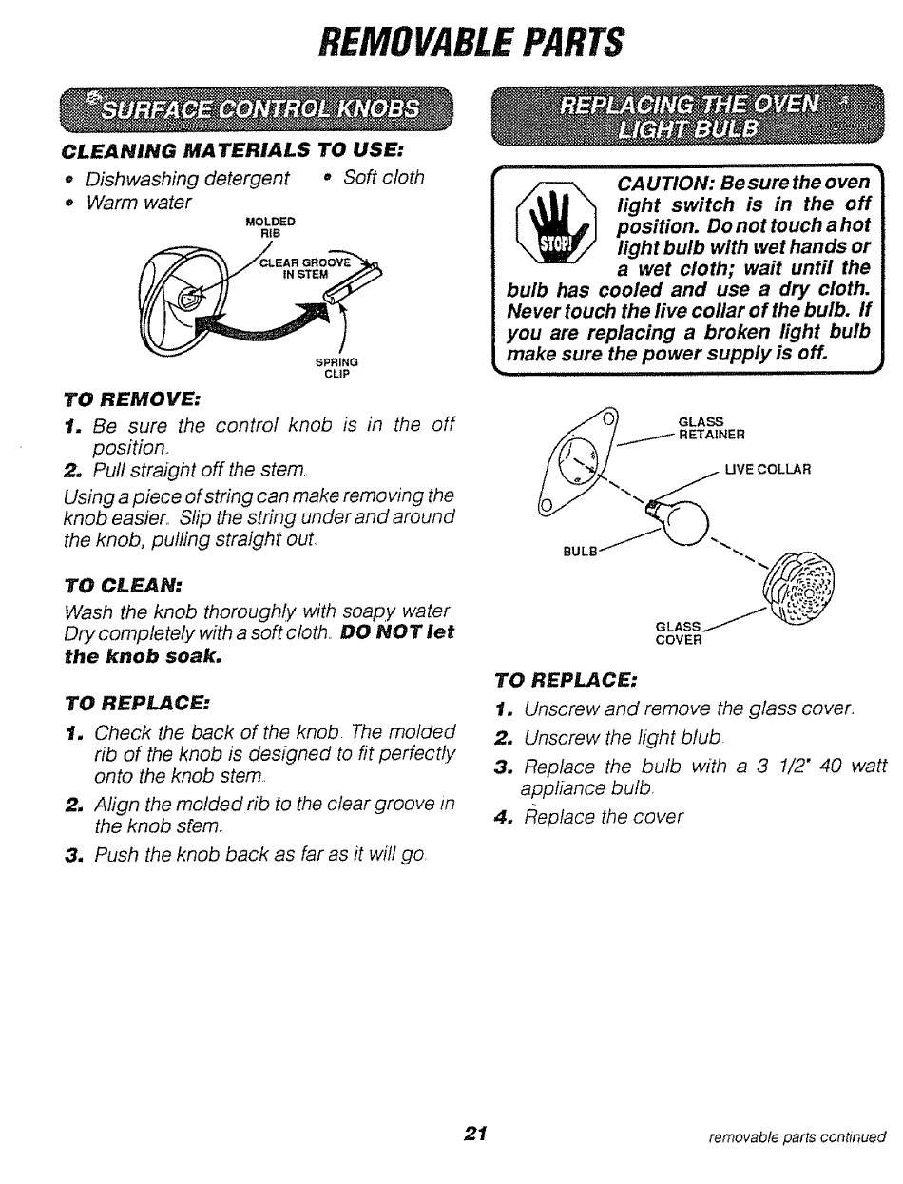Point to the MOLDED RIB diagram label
point(271,226)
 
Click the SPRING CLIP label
point(336,367)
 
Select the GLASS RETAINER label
point(711,429)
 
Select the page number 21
point(476,1133)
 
